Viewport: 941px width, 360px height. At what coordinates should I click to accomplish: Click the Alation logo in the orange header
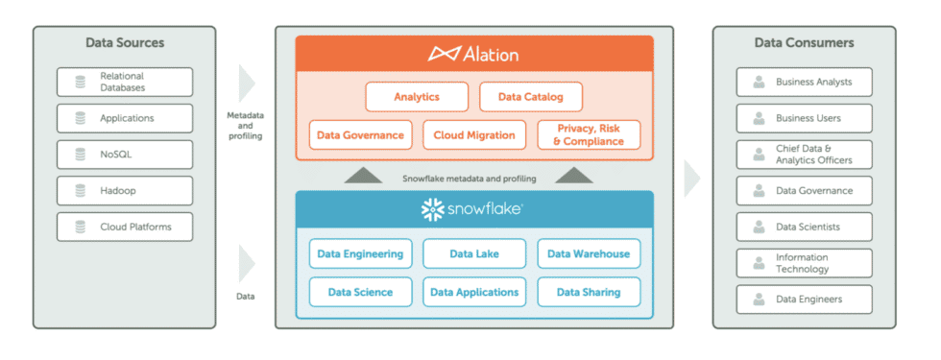[x=473, y=54]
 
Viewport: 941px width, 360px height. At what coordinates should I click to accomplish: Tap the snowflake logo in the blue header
[x=473, y=208]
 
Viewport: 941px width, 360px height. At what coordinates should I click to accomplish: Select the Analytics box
[x=417, y=97]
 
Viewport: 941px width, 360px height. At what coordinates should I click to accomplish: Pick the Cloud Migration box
[x=474, y=135]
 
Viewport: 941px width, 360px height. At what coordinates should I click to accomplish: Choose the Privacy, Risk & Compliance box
[x=589, y=135]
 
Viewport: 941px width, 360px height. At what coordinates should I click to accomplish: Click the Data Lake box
[x=474, y=254]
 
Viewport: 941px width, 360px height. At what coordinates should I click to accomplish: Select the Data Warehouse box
[x=589, y=254]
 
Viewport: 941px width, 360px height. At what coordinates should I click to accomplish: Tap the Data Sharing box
[x=589, y=292]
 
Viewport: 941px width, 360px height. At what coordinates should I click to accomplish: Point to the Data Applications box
[x=474, y=292]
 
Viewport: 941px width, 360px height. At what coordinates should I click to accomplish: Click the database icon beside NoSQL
[x=79, y=155]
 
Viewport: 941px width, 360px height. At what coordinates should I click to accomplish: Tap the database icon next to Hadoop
[x=79, y=191]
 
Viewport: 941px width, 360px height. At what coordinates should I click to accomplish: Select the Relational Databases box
[x=125, y=82]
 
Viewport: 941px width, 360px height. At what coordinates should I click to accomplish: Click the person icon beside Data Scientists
[x=759, y=228]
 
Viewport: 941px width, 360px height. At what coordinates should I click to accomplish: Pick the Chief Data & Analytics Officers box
[x=804, y=155]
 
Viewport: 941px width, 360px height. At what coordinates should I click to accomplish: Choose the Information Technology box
[x=804, y=263]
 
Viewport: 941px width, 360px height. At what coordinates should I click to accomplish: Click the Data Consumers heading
[x=804, y=43]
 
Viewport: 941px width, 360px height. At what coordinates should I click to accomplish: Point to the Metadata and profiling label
[x=245, y=126]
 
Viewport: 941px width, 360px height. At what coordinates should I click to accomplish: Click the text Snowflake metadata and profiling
[x=470, y=179]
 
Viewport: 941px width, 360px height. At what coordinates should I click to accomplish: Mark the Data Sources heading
[x=125, y=43]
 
